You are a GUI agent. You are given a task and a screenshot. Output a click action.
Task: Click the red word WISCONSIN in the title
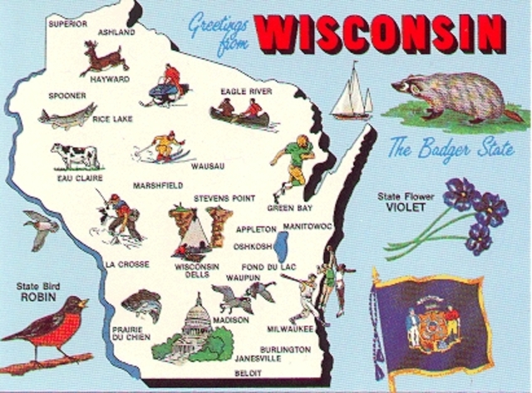coord(380,34)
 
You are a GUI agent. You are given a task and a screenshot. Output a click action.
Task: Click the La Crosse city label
coord(127,265)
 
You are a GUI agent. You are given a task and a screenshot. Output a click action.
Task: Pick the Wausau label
coord(207,166)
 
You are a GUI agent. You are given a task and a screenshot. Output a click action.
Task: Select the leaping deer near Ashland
coord(103,58)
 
